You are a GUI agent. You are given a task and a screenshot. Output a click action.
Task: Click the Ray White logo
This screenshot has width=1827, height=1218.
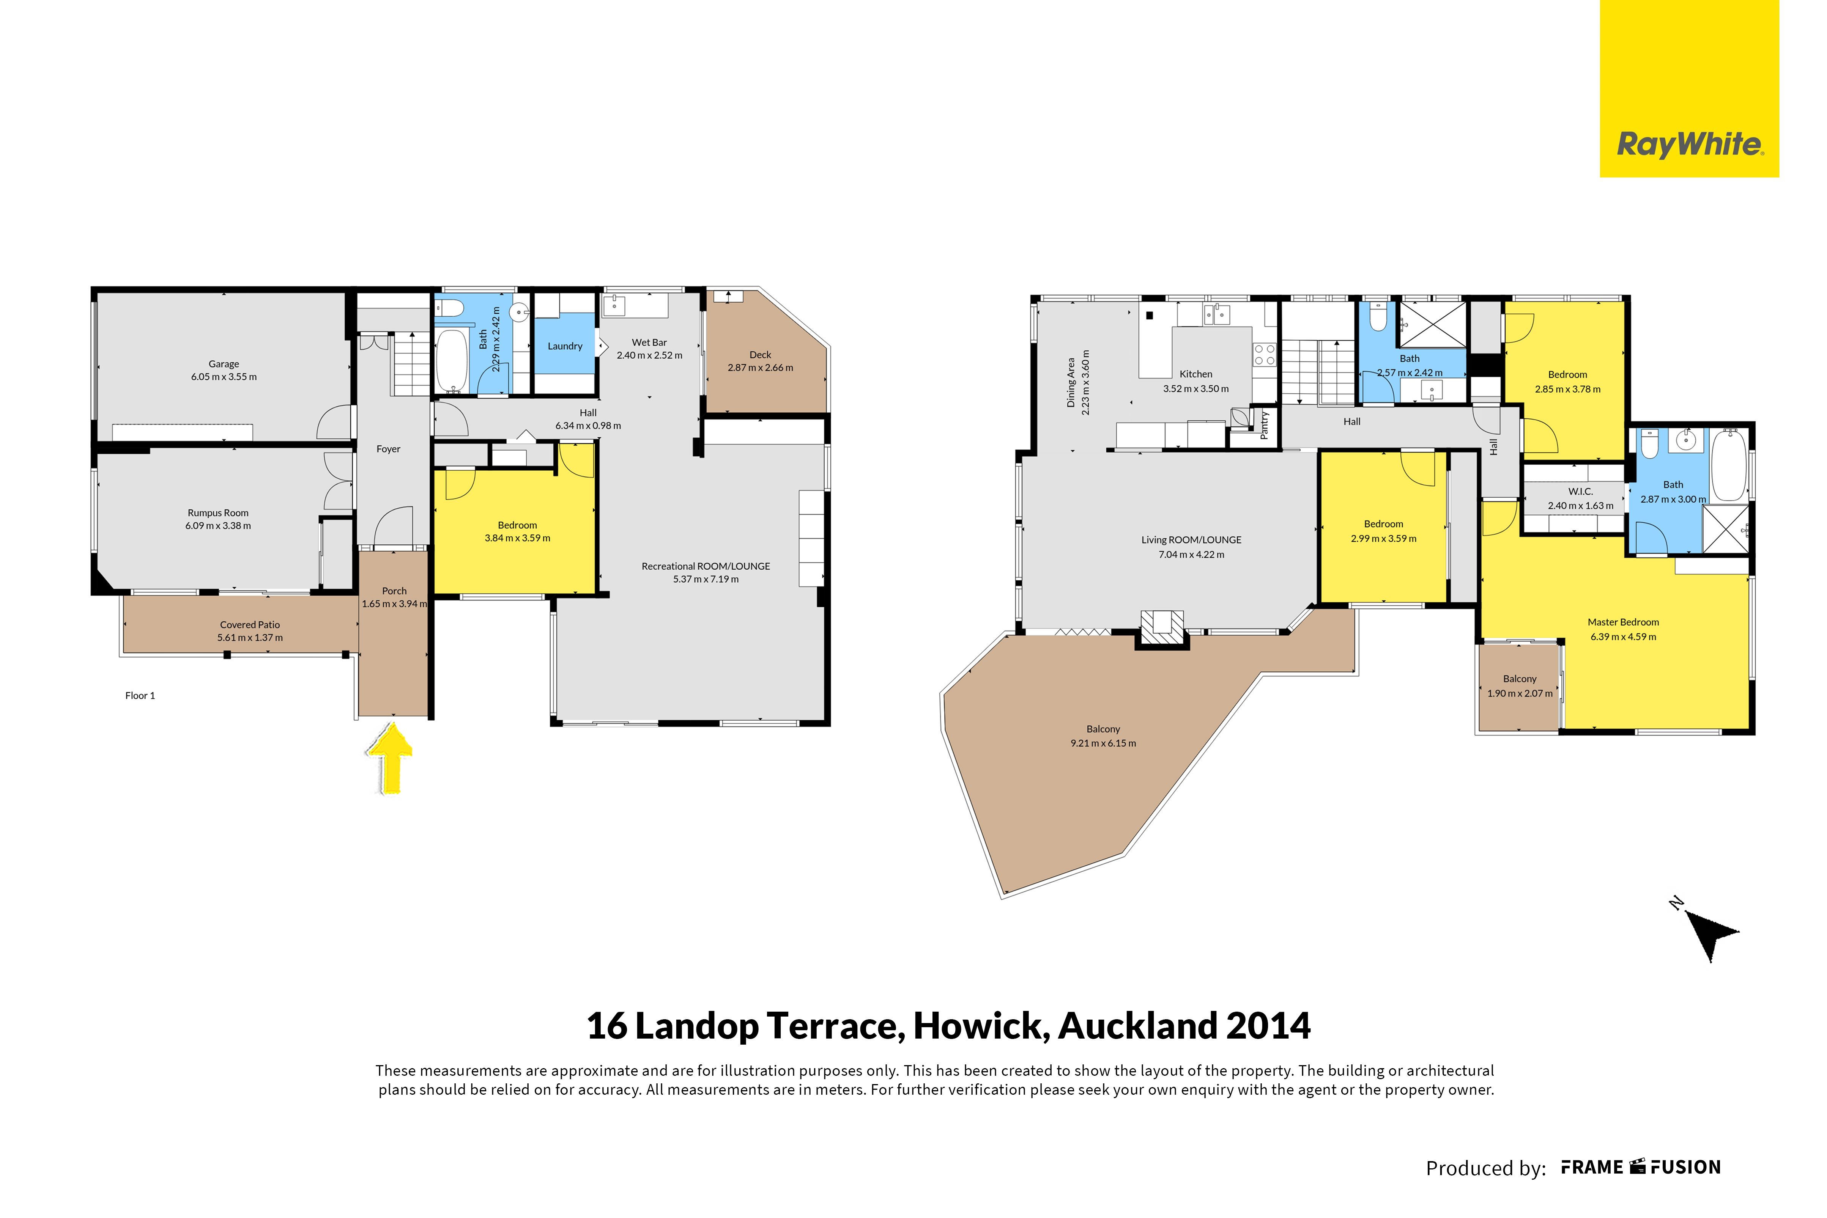pyautogui.click(x=1690, y=88)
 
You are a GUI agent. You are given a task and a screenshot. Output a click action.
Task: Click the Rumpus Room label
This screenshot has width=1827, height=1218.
pyautogui.click(x=217, y=513)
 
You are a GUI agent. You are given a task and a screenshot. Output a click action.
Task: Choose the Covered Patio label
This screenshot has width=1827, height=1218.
pyautogui.click(x=249, y=624)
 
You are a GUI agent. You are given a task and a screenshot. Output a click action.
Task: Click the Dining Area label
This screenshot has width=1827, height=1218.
pyautogui.click(x=1071, y=382)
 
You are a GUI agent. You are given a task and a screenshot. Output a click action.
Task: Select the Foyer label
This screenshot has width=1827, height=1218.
pyautogui.click(x=389, y=449)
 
